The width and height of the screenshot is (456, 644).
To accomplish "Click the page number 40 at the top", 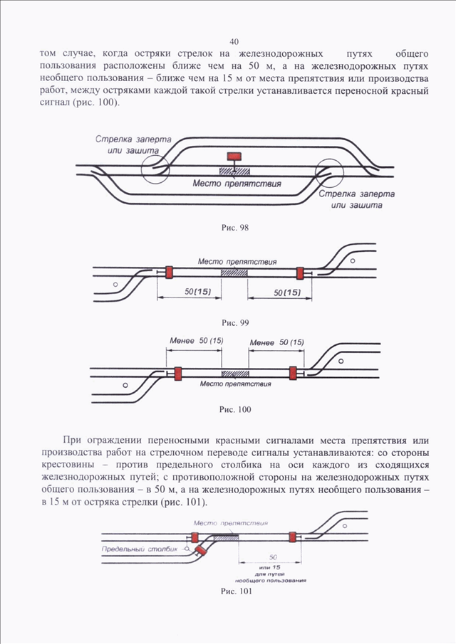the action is coord(234,41).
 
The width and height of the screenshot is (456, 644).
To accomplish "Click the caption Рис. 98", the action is coord(235,228).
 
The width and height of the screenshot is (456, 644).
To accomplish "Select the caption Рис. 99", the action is coord(235,323).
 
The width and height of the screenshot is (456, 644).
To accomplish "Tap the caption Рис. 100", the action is coord(235,409).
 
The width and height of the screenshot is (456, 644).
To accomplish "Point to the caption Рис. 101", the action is coord(236,591).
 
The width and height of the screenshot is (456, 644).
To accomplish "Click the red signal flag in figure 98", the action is coord(234,156).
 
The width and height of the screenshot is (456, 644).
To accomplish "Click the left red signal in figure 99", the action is coord(169,272).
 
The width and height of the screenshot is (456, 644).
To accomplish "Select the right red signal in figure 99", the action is coord(300,273).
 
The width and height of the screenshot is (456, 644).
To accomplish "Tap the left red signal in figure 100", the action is coord(177,374).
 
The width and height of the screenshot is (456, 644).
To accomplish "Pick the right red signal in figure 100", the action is coord(293,373).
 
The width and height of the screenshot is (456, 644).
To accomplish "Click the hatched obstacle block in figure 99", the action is coord(234,273).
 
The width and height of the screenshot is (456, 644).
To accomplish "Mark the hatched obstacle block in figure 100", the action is coord(235,374).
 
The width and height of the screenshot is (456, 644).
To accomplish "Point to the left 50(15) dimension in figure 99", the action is coord(198,292).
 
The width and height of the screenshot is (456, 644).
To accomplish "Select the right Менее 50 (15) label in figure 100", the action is coord(276,342).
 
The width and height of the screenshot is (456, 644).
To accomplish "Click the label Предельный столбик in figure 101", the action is coord(140,549).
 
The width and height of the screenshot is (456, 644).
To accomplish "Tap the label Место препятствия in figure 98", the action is coord(237,183).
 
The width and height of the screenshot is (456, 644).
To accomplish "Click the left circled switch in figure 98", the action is coord(155,169).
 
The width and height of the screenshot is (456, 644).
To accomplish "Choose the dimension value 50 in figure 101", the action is coord(273,557).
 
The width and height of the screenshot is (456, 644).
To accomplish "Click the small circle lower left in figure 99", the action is coord(115,284).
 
